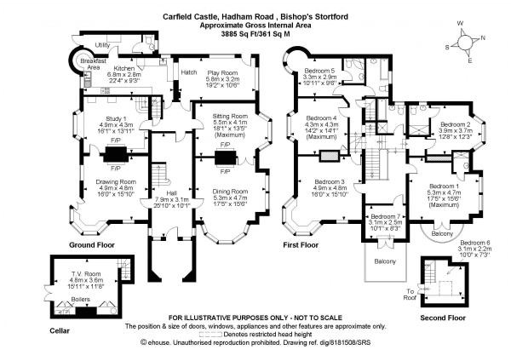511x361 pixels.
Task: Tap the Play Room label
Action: pyautogui.click(x=221, y=73)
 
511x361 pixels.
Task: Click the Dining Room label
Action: pyautogui.click(x=229, y=191)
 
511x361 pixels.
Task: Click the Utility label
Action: pyautogui.click(x=103, y=44)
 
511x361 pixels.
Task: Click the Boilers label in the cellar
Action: pyautogui.click(x=79, y=301)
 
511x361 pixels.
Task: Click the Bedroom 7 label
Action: pyautogui.click(x=382, y=218)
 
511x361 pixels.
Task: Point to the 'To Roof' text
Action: pyautogui.click(x=415, y=292)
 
